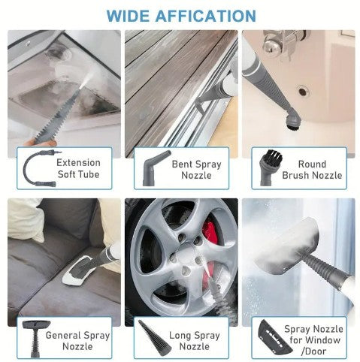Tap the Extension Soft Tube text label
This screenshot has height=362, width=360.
click(x=78, y=169)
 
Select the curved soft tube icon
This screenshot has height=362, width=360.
click(x=37, y=168)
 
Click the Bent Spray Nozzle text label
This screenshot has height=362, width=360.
click(x=196, y=169)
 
